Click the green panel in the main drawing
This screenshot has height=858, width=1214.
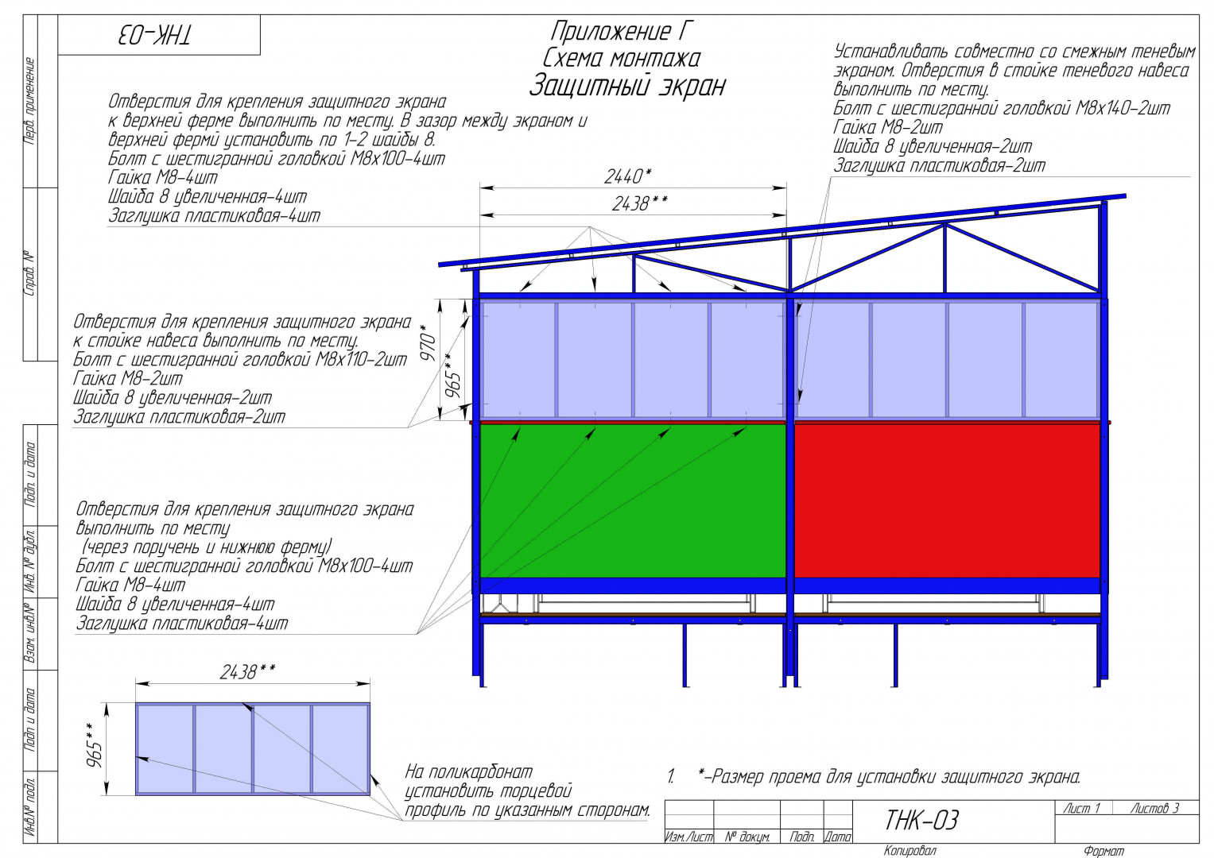click(633, 501)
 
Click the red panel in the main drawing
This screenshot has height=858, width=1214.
click(947, 501)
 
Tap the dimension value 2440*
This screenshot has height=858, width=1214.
click(627, 176)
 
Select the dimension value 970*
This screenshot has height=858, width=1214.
click(428, 343)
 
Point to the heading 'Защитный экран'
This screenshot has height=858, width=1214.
click(627, 86)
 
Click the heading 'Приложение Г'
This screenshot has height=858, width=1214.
click(622, 32)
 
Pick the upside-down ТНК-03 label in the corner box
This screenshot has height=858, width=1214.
click(154, 35)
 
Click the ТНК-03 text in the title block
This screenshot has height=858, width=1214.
click(921, 821)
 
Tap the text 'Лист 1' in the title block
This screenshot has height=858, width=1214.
click(1082, 809)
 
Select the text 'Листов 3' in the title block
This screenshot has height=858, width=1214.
click(1155, 809)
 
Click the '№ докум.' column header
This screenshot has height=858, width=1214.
click(747, 837)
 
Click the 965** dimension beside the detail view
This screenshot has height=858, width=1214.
click(95, 745)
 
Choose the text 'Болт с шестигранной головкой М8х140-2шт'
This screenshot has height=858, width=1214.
click(1002, 108)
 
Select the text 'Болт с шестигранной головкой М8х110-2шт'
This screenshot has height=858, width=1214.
click(240, 360)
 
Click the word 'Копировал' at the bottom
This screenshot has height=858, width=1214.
click(910, 850)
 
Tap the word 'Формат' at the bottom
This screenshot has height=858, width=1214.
click(1104, 851)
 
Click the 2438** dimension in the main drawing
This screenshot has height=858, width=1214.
click(639, 203)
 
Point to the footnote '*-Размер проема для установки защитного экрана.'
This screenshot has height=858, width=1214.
click(890, 777)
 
